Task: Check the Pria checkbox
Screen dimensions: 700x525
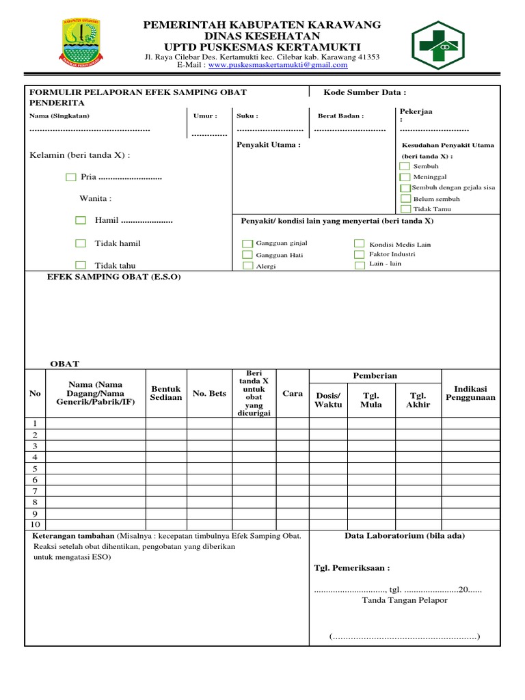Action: click(x=71, y=177)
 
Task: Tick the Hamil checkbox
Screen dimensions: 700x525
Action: click(x=81, y=221)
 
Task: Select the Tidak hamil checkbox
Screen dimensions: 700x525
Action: click(x=81, y=243)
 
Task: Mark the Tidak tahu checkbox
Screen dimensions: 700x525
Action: click(x=81, y=265)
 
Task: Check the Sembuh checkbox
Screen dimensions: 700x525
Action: click(x=405, y=166)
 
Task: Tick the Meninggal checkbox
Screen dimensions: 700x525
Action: click(x=405, y=176)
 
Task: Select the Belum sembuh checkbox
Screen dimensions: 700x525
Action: click(x=405, y=199)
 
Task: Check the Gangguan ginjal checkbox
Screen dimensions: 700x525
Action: click(x=247, y=243)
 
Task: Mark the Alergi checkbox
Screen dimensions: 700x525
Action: click(x=247, y=266)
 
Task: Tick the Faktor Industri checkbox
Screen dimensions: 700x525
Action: click(x=359, y=254)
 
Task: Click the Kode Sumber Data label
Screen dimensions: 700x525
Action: click(x=365, y=92)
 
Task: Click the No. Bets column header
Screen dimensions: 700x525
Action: click(x=209, y=393)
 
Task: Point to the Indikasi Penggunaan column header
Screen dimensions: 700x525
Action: click(x=470, y=393)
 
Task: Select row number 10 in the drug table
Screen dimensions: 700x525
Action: click(x=35, y=524)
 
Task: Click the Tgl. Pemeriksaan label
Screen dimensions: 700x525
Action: click(x=351, y=568)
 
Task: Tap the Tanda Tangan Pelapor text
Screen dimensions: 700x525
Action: click(x=405, y=600)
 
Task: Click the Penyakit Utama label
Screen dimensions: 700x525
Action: click(x=268, y=145)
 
